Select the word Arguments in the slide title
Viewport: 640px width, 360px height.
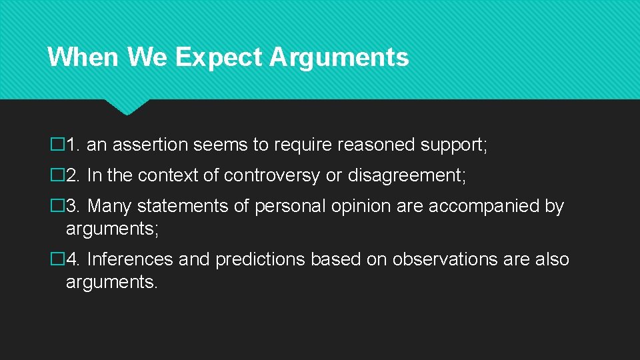(339, 58)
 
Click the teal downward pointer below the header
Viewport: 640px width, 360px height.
(127, 107)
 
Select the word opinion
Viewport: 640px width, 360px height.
(353, 206)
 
